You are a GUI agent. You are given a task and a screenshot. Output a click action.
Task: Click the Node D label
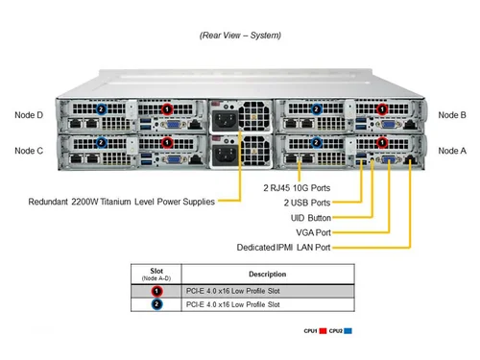29,115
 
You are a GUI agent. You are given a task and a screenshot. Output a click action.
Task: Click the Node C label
29,151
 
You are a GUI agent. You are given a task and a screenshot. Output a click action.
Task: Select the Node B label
451,115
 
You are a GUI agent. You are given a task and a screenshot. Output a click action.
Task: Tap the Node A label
451,151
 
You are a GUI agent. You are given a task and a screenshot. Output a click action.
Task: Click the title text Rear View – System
240,36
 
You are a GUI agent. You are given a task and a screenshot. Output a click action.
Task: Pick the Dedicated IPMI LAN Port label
283,248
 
